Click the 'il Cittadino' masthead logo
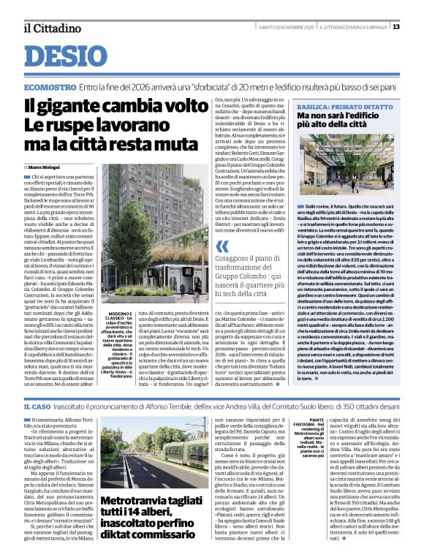point(50,28)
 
